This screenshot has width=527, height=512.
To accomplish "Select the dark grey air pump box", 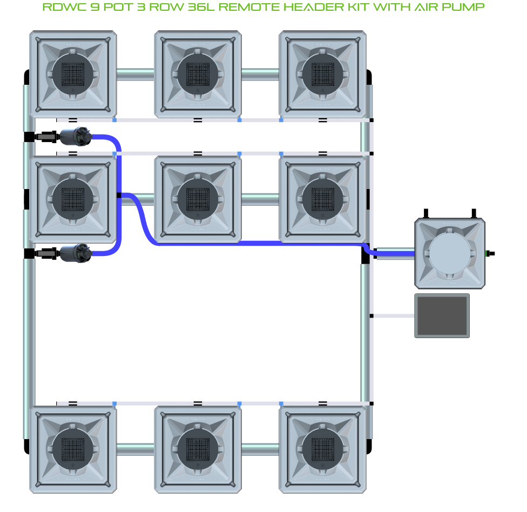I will coord(442,316).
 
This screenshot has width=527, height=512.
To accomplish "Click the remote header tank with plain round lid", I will coord(449,253).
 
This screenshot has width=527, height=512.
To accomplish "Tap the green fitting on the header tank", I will coord(489,253).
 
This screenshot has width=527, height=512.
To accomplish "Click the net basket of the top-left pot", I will coord(73,74).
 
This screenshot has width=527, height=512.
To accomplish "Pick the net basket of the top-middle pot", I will coord(198,74).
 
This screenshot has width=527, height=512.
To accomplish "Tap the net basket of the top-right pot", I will coord(323,74).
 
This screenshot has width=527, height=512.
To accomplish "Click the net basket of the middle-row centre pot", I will coord(198,199).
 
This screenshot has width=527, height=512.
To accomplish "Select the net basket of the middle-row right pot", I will coord(323,199).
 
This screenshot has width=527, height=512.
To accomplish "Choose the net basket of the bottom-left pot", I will coord(73,449).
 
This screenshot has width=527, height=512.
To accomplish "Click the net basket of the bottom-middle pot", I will coord(198,449).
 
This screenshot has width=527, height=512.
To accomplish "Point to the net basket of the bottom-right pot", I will coord(323,449).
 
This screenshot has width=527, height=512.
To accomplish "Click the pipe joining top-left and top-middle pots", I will coord(136,74).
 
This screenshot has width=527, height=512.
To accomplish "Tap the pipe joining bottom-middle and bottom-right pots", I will coord(260,449).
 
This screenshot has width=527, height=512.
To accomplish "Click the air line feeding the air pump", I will coord(393,316).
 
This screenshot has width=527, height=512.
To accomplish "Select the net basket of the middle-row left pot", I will coord(73,199).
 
